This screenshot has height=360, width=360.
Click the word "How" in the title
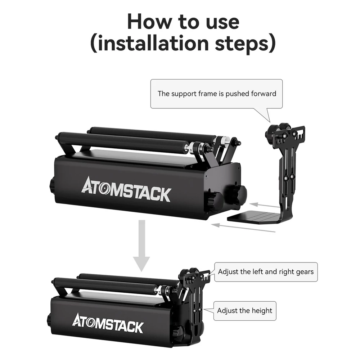[149, 22]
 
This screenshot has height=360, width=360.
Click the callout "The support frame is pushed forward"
[216, 94]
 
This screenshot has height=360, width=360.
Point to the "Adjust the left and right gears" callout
[266, 272]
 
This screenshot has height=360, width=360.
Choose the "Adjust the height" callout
[245, 311]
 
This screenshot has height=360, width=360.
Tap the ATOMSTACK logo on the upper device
[126, 189]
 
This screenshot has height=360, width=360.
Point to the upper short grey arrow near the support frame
[264, 205]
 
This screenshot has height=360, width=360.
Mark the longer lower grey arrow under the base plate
[243, 228]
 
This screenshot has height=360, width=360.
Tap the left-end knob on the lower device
[49, 320]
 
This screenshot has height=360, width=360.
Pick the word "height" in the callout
[262, 311]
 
